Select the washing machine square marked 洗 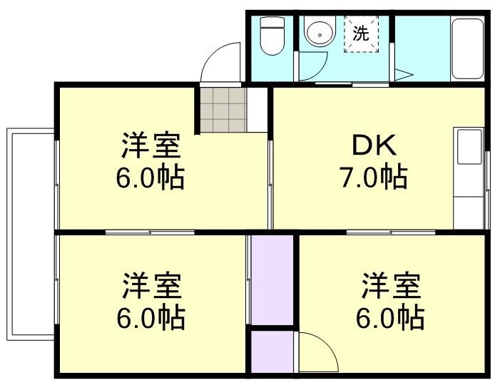(362, 34)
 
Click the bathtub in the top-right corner (467, 48)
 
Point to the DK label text (373, 147)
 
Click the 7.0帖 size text (373, 175)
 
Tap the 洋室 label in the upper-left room (150, 148)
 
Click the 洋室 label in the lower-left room (151, 287)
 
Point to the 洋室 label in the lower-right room (390, 287)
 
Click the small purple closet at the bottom (272, 351)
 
